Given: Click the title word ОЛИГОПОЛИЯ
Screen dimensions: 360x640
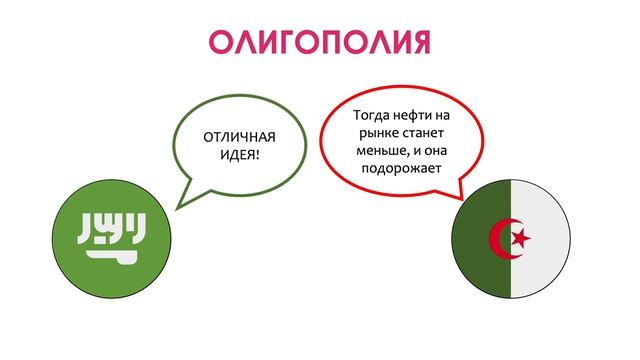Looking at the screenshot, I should (x=319, y=42).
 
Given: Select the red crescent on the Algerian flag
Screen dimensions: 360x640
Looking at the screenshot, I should (x=501, y=238).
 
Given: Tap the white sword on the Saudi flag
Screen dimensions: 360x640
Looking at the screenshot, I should (x=104, y=255).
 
